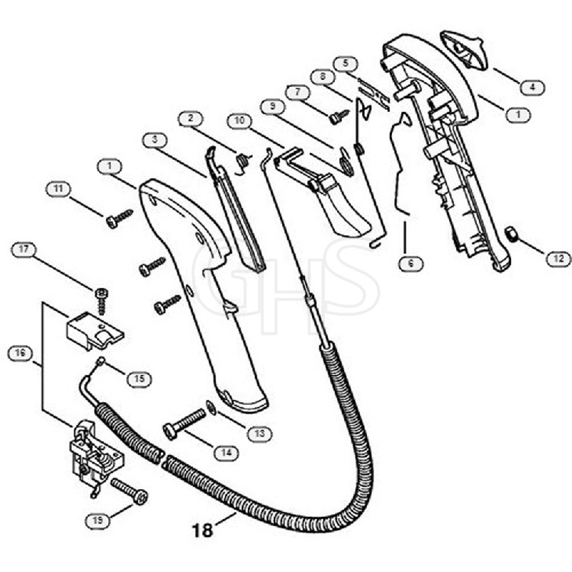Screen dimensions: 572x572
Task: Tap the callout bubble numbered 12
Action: click(558, 259)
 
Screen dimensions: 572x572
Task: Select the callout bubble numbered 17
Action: click(23, 249)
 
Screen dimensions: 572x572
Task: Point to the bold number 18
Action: click(202, 530)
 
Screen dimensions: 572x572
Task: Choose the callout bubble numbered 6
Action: click(411, 263)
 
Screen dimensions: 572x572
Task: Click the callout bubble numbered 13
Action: click(259, 434)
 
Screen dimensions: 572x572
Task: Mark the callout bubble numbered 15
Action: click(140, 379)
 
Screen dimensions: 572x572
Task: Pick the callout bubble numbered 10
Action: click(239, 121)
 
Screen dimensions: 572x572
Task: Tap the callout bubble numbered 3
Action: click(155, 140)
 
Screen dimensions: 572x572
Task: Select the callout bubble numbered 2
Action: click(191, 118)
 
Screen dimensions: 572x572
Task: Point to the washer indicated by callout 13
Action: click(211, 407)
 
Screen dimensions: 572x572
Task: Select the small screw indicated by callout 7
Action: click(339, 116)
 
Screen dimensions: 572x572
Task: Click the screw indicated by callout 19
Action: click(129, 491)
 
